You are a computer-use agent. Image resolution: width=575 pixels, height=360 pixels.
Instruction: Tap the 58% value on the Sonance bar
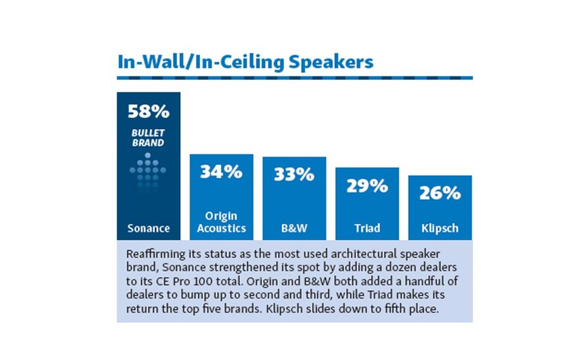click(148, 110)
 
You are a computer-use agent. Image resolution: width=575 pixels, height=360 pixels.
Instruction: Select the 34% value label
click(221, 172)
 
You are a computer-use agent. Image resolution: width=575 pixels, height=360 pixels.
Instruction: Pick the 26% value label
click(440, 192)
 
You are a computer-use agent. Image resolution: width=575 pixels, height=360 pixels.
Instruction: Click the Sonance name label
click(148, 228)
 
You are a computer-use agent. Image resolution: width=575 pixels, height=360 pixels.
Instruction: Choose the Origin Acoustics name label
click(221, 222)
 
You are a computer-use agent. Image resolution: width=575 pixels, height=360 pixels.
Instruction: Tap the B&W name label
click(294, 228)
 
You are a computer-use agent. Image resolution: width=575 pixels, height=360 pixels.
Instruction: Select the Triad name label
click(367, 228)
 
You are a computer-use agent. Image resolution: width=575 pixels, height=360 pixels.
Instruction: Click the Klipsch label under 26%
click(440, 228)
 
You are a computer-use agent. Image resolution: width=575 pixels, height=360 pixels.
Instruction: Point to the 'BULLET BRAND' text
click(148, 138)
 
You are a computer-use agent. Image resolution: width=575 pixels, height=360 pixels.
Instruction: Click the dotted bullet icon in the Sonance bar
click(148, 169)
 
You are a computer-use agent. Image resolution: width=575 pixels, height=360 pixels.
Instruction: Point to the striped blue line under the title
click(294, 77)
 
